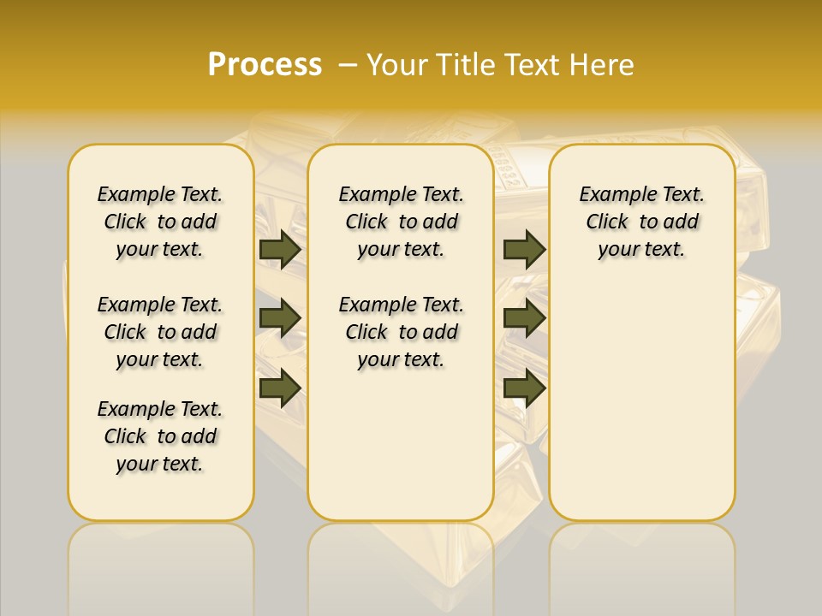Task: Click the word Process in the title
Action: (265, 65)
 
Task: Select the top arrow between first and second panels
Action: (280, 249)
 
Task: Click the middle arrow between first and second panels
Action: (280, 318)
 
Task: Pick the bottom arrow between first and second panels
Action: (280, 388)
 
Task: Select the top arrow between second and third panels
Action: (524, 249)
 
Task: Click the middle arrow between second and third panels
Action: (524, 318)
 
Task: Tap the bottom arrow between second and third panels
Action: (524, 388)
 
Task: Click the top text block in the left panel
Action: (160, 222)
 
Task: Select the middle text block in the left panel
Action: (160, 332)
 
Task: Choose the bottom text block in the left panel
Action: (160, 436)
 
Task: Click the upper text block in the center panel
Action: (401, 222)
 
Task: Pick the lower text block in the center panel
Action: (401, 332)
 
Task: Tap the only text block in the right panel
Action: (641, 222)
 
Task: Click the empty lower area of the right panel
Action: (641, 402)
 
